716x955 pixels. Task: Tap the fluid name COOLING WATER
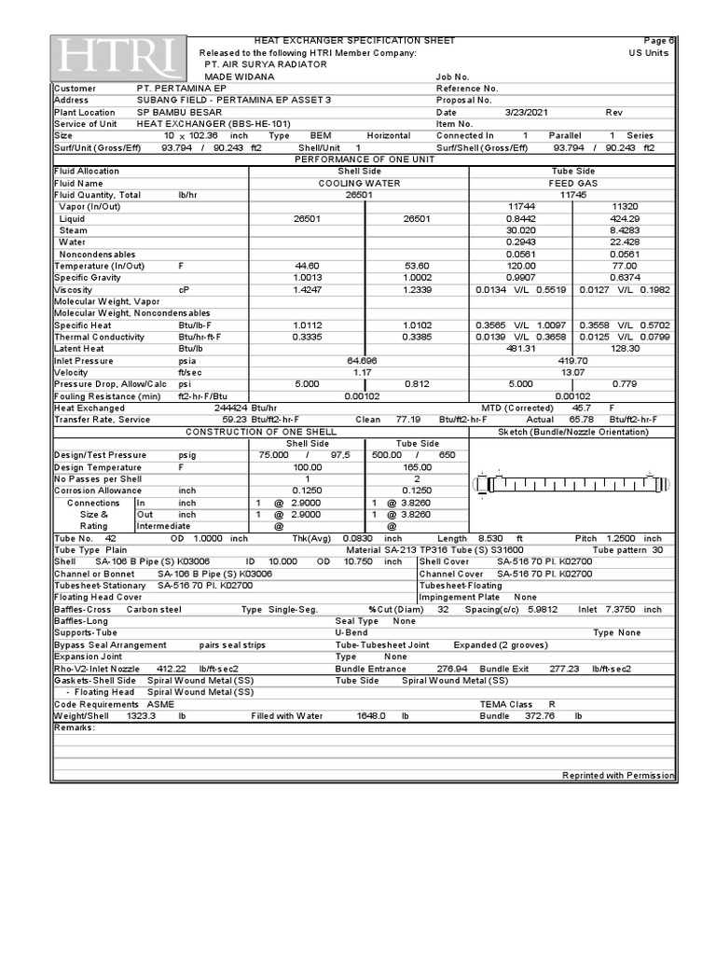point(359,184)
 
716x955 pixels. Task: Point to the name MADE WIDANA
point(240,76)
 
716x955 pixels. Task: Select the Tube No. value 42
point(110,539)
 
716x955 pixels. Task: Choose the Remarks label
point(75,727)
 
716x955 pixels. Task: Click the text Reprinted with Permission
point(618,776)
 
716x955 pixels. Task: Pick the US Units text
point(649,53)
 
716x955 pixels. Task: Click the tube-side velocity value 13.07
point(571,373)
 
